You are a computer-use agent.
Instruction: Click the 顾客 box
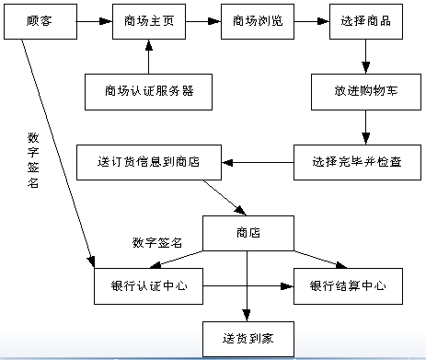(40, 20)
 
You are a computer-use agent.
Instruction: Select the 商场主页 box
(148, 20)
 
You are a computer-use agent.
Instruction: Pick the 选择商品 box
(366, 20)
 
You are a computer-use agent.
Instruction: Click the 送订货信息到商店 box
(149, 163)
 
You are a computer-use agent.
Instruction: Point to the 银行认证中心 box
(149, 285)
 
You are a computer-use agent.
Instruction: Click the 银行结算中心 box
(348, 285)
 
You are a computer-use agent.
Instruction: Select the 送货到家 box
(248, 338)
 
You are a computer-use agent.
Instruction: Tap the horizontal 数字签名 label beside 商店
(157, 243)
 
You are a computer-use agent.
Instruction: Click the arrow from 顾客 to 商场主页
(94, 20)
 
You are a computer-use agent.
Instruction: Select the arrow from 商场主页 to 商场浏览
(202, 20)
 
